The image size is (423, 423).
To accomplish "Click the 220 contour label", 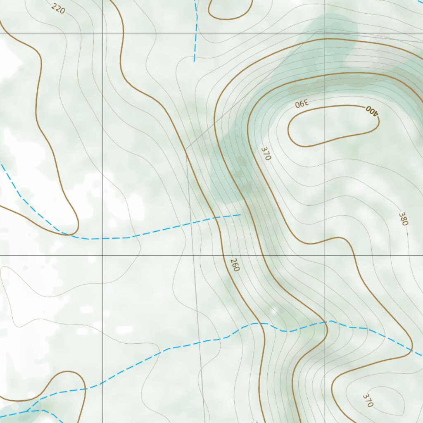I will click(58, 8).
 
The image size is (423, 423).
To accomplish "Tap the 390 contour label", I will click(302, 104).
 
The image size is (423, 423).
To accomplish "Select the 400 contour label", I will click(372, 111).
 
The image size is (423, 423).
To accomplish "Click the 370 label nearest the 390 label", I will click(266, 153).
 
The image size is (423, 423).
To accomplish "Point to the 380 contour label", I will click(403, 219).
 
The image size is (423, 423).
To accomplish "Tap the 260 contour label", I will click(235, 265).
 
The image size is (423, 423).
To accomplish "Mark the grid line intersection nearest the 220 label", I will click(102, 33).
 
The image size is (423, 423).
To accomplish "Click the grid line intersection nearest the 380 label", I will click(325, 255).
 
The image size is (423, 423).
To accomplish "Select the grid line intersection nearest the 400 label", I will click(325, 33).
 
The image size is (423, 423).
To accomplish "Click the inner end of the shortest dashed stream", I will click(194, 61).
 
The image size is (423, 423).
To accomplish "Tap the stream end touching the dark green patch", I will click(240, 215).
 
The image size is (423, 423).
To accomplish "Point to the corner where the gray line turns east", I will click(326, 30).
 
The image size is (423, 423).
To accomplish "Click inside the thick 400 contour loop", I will click(330, 126).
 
